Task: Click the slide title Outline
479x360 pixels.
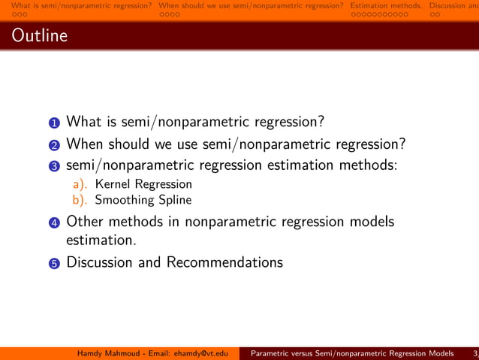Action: pyautogui.click(x=39, y=36)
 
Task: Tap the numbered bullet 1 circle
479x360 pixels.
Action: pyautogui.click(x=56, y=122)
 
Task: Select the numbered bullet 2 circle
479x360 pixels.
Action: pyautogui.click(x=56, y=144)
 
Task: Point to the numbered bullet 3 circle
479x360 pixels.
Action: pyautogui.click(x=56, y=165)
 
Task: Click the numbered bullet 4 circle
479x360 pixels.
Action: pyautogui.click(x=56, y=222)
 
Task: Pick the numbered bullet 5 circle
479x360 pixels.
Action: pyautogui.click(x=56, y=263)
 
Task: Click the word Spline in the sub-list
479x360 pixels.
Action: pyautogui.click(x=174, y=201)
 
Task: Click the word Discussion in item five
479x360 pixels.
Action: pyautogui.click(x=98, y=262)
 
